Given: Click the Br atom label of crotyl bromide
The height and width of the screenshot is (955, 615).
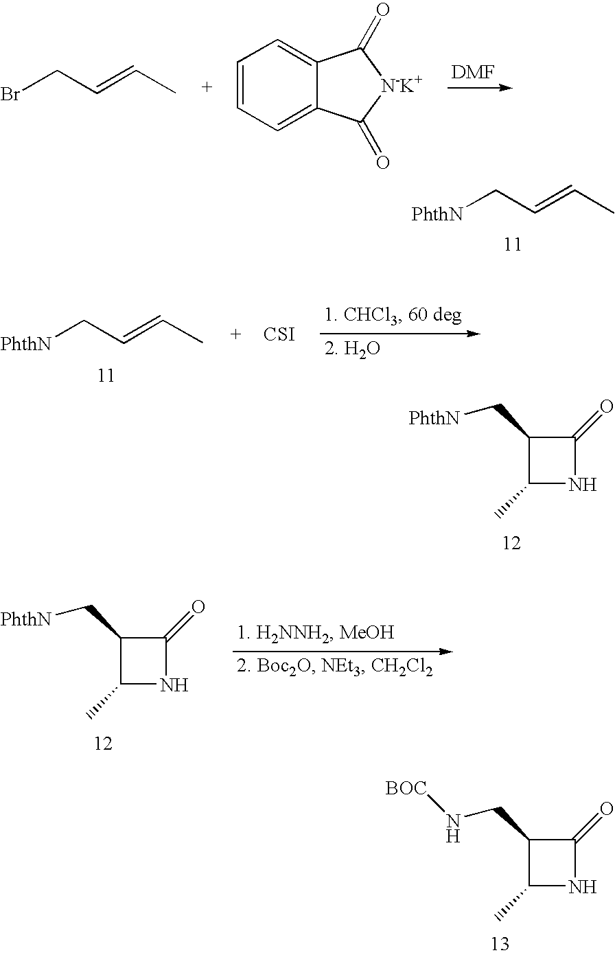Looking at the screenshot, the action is point(10,94).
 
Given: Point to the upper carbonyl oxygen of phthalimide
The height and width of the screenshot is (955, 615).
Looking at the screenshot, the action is point(383,10).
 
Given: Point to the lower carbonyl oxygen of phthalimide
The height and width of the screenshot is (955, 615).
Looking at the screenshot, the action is point(383,162).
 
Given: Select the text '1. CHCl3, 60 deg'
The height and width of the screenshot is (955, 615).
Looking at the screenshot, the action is point(393,317).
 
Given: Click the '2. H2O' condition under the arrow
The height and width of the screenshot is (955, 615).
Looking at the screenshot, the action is point(353,349).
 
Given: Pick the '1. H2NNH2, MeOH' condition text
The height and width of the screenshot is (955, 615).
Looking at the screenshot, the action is point(316,632).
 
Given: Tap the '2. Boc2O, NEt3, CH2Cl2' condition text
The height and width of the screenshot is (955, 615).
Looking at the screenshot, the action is point(335,667).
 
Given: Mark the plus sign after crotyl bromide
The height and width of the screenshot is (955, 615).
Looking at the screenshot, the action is point(207,88).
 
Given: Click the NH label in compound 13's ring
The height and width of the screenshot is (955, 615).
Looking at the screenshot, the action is point(583,888).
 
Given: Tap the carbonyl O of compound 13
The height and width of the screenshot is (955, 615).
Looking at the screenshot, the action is point(605,809).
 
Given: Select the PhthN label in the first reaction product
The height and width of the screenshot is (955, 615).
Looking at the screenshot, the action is point(437,215).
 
